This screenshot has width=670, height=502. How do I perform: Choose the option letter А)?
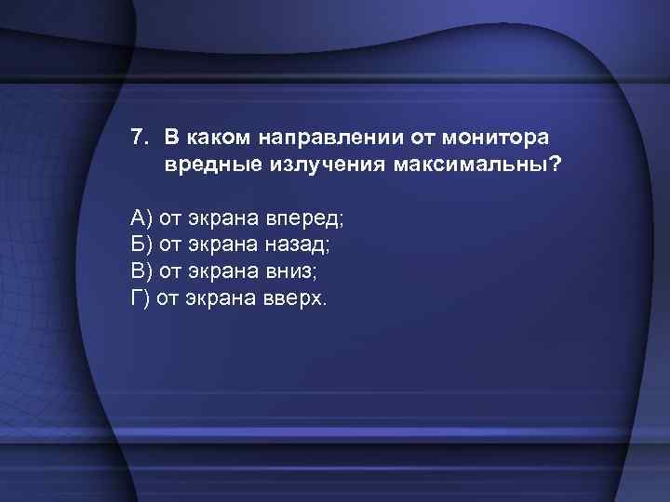tap(141, 218)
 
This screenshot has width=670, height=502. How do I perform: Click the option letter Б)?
tap(141, 244)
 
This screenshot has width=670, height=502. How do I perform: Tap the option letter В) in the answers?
tap(141, 271)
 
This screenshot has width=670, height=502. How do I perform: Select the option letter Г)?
tap(140, 298)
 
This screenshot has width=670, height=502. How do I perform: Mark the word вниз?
tap(291, 271)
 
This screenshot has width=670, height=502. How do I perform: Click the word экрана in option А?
tap(221, 218)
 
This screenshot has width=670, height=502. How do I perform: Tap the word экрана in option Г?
tap(215, 298)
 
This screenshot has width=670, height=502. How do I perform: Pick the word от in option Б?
tap(170, 244)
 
